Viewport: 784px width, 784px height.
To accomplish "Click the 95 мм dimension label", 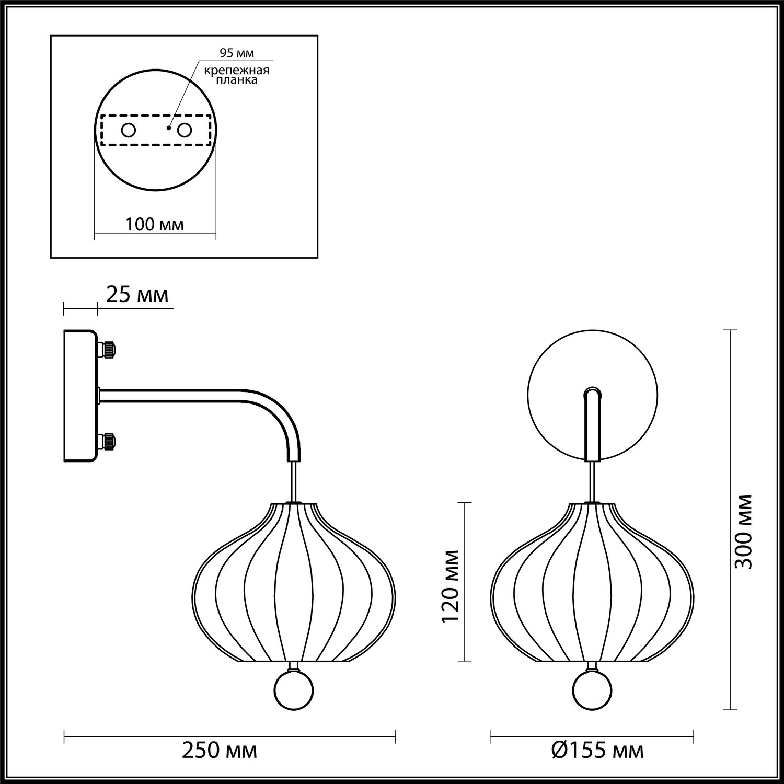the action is point(237,53).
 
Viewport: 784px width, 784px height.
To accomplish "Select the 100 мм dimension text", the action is point(155,225).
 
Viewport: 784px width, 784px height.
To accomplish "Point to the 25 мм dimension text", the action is point(137,295).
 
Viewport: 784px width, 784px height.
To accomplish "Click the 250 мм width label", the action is point(220,752).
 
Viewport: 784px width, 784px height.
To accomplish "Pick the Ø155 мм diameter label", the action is point(598,752).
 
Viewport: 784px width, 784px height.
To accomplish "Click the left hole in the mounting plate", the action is point(128,130).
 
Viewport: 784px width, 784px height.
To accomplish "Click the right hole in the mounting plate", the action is point(185,130).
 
